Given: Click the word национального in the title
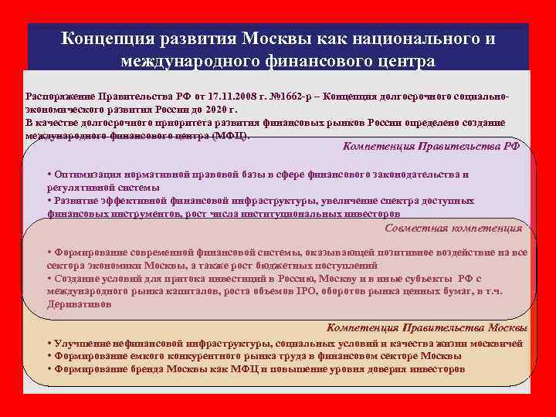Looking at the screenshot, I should point(398,39).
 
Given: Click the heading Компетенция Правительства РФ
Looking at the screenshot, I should point(431,146).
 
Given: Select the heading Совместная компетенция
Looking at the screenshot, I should point(453,228).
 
